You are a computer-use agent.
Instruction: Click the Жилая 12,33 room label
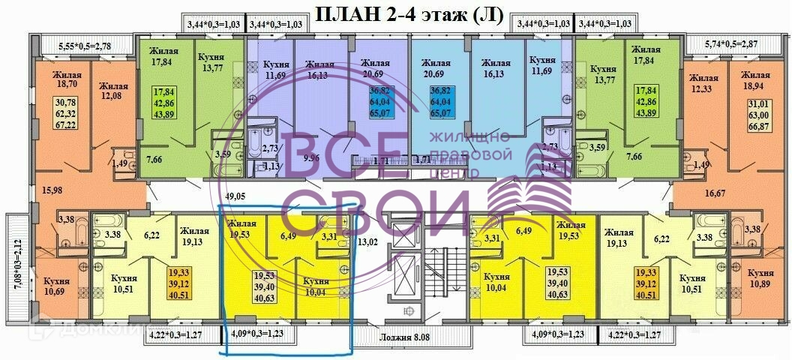(x=703, y=83)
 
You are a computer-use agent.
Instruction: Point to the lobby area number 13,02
(x=367, y=241)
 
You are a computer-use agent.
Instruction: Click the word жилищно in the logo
(x=469, y=137)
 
